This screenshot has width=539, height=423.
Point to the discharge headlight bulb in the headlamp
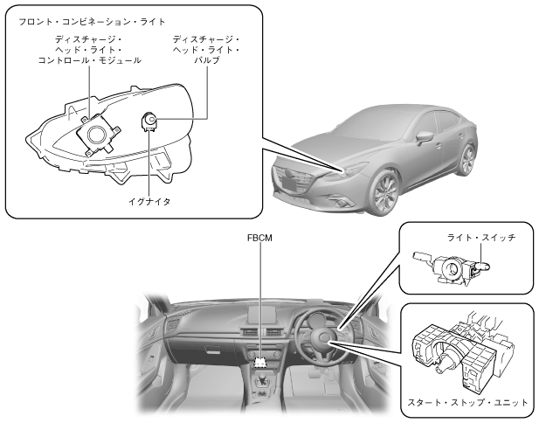[x=149, y=120]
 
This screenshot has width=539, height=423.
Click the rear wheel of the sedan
[x=467, y=159]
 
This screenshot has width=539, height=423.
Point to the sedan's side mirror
[x=425, y=138]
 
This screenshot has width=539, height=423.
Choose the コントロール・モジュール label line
[x=90, y=60]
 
